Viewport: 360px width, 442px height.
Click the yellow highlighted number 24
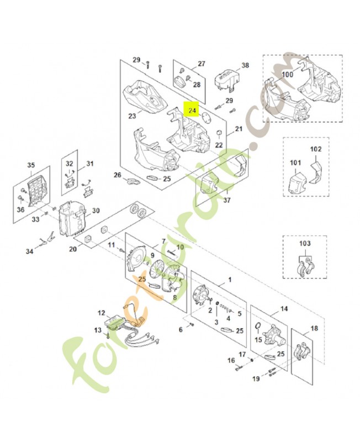coord(192,110)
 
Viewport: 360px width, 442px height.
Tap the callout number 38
coord(245,65)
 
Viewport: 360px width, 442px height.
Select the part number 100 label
coord(288,74)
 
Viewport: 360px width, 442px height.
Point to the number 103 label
coord(304,243)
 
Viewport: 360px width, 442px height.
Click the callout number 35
coord(31,165)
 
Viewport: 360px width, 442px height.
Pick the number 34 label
coord(30,251)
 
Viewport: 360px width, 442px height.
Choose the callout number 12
coord(101,313)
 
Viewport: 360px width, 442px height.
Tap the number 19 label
coord(256,379)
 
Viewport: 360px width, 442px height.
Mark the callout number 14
coord(284,309)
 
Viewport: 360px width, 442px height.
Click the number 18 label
coord(314,328)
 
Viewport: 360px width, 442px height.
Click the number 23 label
coord(132,116)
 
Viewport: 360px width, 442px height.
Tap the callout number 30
coord(96,211)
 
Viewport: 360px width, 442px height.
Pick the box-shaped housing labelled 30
coord(72,218)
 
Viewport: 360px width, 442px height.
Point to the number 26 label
coord(117,175)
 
